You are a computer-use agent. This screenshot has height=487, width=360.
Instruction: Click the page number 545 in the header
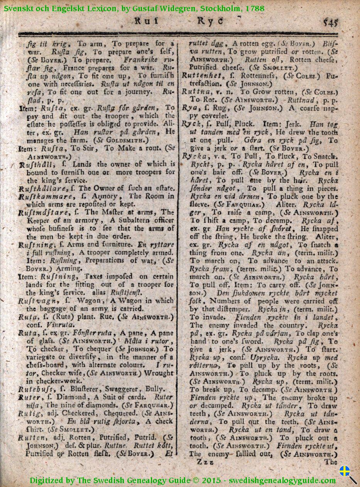point(331,22)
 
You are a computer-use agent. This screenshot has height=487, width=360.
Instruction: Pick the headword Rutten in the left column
point(31,437)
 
